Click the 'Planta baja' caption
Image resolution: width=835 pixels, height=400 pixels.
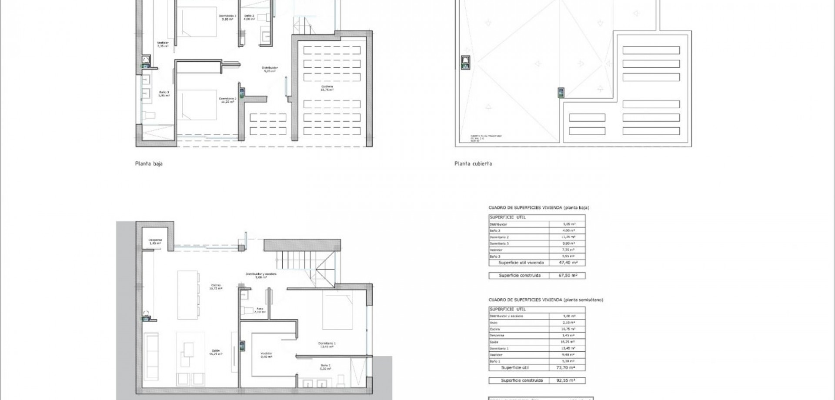(149, 164)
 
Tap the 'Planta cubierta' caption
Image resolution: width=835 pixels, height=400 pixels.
(473, 164)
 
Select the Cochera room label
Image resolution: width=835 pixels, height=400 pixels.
(327, 88)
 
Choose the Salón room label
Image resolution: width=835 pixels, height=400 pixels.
(216, 352)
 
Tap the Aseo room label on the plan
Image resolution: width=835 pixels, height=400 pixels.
(260, 310)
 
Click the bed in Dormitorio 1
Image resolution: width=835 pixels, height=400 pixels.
(337, 311)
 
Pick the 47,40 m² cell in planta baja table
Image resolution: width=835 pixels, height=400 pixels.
(568, 263)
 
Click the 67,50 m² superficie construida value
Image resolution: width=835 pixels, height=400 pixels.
(568, 275)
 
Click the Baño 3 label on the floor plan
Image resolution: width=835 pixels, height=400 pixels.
(164, 93)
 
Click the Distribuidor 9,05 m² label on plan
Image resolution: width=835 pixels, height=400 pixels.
(270, 69)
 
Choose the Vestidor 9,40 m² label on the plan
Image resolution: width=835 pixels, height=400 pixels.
(266, 355)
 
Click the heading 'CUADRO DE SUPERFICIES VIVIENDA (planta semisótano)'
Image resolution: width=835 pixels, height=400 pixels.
(546, 300)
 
